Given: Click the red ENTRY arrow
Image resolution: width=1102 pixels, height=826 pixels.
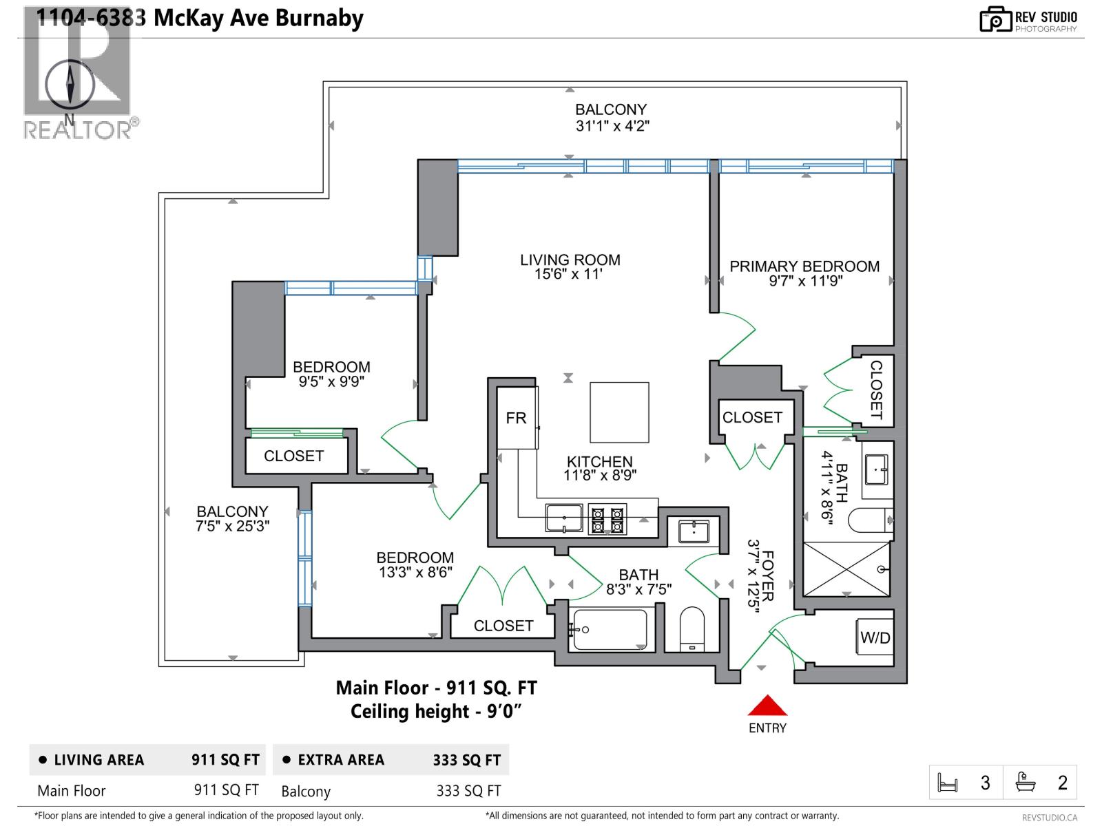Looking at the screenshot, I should pos(767,706).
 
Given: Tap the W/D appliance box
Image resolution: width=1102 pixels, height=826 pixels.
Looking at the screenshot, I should pos(875,637).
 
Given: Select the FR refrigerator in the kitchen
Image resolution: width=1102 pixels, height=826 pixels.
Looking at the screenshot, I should pos(517,418).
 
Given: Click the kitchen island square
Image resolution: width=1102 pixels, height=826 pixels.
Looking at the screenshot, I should pos(619,412).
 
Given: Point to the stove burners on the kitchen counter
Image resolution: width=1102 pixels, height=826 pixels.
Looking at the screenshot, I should pos(607,520).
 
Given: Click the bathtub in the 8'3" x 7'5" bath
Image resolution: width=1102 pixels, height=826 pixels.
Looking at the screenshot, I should pos(610,630).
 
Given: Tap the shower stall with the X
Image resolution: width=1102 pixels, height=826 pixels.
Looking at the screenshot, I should pos(846,569).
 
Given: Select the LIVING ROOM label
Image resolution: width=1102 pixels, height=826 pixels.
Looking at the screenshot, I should pos(570,260).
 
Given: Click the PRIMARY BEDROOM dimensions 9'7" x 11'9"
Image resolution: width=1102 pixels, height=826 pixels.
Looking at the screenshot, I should pos(805,282).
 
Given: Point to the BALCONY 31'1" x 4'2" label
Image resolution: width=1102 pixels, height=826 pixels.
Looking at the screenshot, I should pos(611,118).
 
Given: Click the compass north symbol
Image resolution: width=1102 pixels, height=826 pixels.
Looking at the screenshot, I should pos(70,85).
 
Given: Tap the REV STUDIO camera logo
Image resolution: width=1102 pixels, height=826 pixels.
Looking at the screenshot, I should pos(995,19).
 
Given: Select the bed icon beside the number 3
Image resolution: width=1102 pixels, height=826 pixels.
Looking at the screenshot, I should pos(948,783).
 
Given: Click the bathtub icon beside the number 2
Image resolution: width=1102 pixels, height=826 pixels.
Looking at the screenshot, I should pos(1026,783).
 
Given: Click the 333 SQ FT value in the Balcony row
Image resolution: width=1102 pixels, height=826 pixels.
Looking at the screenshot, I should pos(468,792).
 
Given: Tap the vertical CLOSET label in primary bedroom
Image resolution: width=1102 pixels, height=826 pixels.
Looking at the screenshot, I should pos(876,390).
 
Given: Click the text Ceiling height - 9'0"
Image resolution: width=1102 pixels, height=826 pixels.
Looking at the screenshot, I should pos(435,711).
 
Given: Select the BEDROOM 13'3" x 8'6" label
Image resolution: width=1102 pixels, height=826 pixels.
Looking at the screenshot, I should pos(415,564).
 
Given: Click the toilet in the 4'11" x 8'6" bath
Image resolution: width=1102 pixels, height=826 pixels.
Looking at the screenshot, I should pos(870,520).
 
